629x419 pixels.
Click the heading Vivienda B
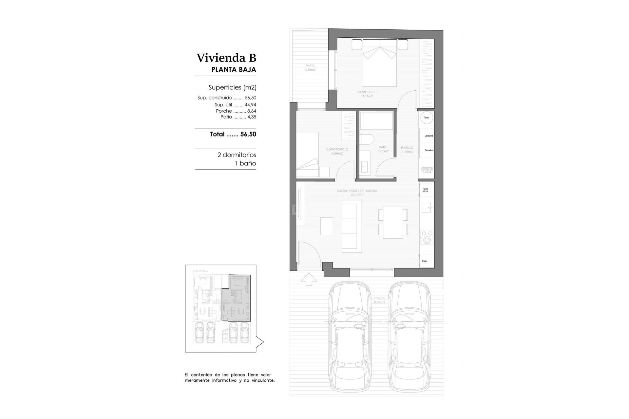click(x=226, y=58)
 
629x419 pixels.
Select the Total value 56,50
click(x=248, y=134)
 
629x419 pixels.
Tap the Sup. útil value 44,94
click(x=250, y=105)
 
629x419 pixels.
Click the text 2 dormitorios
click(x=237, y=155)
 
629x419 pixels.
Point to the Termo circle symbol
click(x=427, y=118)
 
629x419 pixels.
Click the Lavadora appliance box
click(x=428, y=136)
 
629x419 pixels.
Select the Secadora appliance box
click(x=428, y=150)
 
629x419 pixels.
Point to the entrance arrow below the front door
click(x=309, y=279)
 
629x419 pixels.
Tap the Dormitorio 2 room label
click(x=337, y=151)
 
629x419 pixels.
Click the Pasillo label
click(x=407, y=150)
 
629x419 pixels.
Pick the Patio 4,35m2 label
click(x=310, y=68)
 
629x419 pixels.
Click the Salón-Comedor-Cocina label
click(x=357, y=192)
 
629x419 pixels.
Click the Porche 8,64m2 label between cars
click(x=379, y=300)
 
